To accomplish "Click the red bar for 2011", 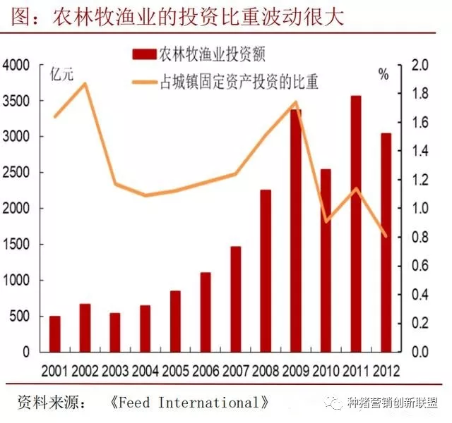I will tap(357, 223).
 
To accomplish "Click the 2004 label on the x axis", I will tap(145, 369).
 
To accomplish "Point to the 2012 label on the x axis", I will tap(387, 369).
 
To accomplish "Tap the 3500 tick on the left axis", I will tap(16, 101).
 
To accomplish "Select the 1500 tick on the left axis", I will tap(16, 245).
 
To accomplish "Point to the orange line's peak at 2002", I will tap(85, 84).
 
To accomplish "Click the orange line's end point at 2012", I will tap(386, 236).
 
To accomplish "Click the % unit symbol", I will tap(383, 73).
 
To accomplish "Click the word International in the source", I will tap(205, 403).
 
